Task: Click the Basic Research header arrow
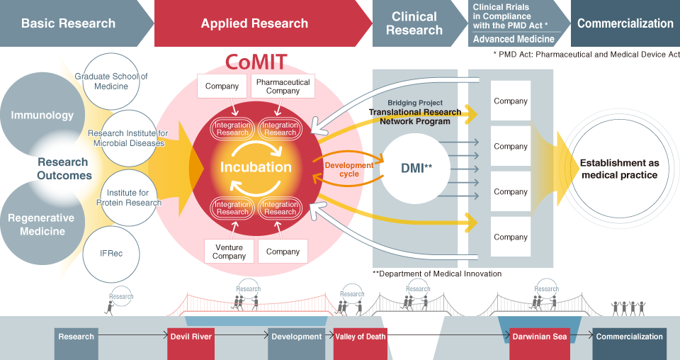[69, 23]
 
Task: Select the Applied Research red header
[254, 23]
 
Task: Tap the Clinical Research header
[414, 23]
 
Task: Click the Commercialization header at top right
[625, 23]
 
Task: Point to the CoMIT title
[256, 62]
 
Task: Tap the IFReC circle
[111, 253]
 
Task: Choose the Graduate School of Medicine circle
[111, 81]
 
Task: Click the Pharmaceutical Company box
[283, 86]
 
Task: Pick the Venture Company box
[229, 252]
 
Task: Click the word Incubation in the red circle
[256, 167]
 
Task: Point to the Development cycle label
[348, 169]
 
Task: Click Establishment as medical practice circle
[618, 169]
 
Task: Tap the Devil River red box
[191, 337]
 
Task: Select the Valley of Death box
[361, 337]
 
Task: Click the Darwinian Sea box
[540, 337]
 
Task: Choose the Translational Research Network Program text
[415, 116]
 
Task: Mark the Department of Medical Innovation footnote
[437, 274]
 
